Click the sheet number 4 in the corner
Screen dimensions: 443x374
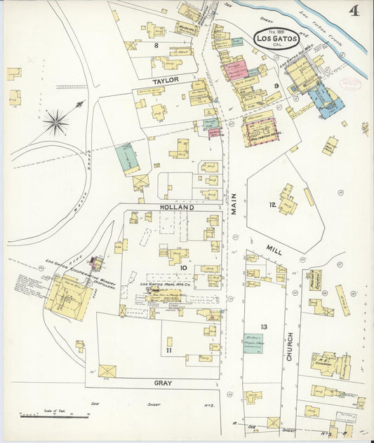coord(355,11)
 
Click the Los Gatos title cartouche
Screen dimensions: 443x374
coord(276,39)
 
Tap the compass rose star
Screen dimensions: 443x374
coord(56,122)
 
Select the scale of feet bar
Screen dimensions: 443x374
coord(41,416)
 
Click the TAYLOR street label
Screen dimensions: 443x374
coord(166,81)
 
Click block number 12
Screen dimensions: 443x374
coord(272,205)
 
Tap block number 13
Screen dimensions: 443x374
coord(264,327)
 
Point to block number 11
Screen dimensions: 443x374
coord(168,350)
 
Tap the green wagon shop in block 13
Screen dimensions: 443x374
coord(253,343)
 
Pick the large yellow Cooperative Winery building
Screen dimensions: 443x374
coord(68,297)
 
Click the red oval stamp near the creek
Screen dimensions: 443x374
coord(349,83)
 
